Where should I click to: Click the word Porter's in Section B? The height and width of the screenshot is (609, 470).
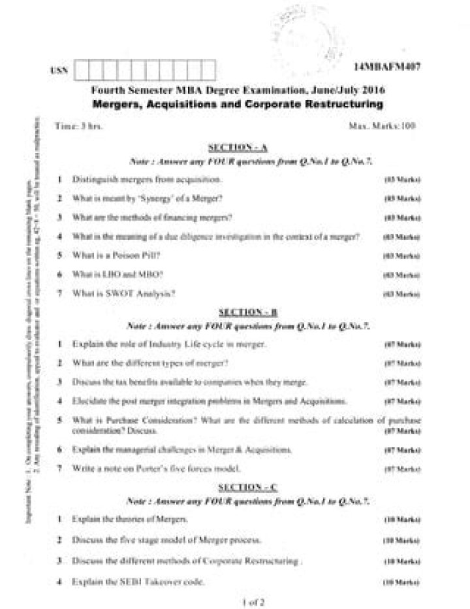[149, 469]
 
